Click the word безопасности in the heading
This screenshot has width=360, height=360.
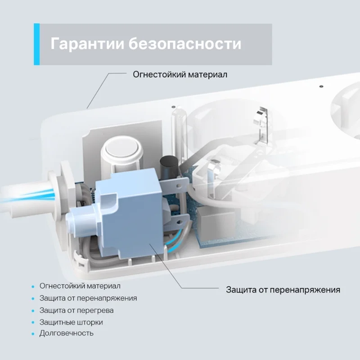click(x=185, y=43)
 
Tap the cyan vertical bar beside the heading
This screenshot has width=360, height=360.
click(x=37, y=44)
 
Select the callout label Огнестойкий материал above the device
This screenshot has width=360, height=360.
click(x=180, y=75)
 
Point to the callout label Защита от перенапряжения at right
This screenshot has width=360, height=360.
click(x=283, y=290)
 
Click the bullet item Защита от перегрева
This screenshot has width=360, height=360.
click(x=76, y=310)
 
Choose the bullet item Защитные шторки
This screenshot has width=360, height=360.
click(x=71, y=322)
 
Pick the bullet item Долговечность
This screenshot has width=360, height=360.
click(x=66, y=333)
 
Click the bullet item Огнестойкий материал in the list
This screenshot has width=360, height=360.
click(x=80, y=286)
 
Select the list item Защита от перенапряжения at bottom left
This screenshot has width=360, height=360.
click(x=88, y=298)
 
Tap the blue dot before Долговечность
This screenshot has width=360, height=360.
click(x=33, y=334)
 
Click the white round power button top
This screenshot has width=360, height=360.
click(x=121, y=147)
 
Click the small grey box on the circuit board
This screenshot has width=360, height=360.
click(x=206, y=221)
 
